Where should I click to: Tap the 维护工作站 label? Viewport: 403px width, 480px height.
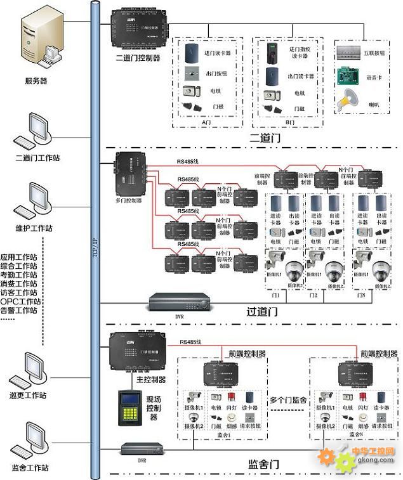pyautogui.click(x=35, y=228)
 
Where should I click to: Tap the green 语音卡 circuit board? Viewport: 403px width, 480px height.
pyautogui.click(x=348, y=75)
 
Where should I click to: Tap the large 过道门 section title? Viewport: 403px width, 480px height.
pyautogui.click(x=262, y=312)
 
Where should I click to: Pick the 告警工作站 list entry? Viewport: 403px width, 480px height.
pyautogui.click(x=19, y=310)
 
